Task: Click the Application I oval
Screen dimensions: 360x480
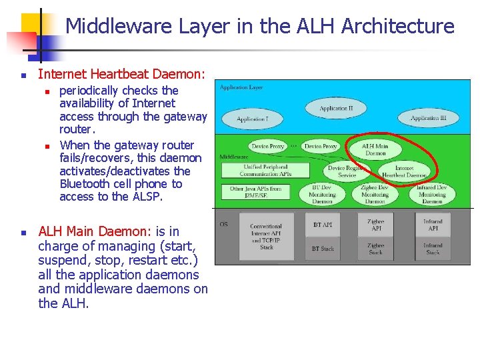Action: (252, 119)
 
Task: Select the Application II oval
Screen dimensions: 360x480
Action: (335, 108)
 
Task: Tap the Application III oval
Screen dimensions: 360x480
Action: (428, 118)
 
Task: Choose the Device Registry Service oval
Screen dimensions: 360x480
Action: (347, 171)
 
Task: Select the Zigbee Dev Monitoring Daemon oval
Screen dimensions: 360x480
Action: (375, 194)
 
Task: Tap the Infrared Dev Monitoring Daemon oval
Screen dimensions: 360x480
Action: (432, 194)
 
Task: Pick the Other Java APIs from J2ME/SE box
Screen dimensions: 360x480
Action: (255, 193)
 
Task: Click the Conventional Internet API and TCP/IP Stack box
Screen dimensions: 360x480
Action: (266, 237)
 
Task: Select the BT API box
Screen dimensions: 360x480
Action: (323, 225)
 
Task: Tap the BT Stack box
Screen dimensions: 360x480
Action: (323, 249)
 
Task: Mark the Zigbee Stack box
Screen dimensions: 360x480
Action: (375, 249)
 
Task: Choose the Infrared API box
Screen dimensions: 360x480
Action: (432, 225)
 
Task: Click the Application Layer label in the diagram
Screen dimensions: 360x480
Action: (241, 87)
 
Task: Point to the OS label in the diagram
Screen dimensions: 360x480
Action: (223, 224)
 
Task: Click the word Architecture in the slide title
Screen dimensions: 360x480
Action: (397, 27)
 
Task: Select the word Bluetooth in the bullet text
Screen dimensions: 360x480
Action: (86, 184)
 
